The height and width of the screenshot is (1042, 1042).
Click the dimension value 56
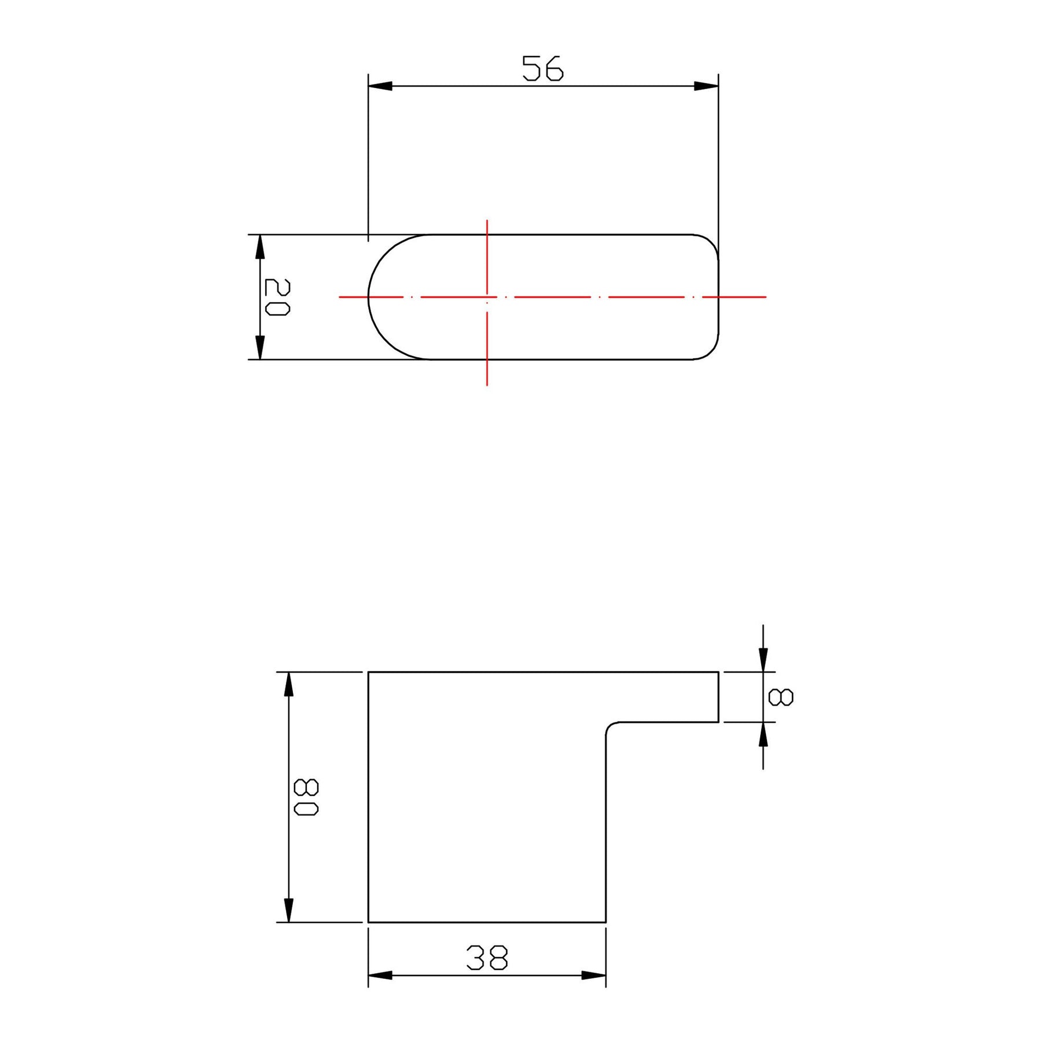542,68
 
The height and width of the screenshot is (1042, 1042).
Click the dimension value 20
277,297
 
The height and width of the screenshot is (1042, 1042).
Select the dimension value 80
306,797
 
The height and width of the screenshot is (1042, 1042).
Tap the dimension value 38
487,957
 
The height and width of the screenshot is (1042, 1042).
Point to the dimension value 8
781,697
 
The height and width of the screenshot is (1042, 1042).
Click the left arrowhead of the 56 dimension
380,86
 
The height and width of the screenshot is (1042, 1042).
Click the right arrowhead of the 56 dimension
706,86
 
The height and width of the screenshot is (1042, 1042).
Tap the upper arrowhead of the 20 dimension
260,247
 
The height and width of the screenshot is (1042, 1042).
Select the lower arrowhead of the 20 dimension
260,347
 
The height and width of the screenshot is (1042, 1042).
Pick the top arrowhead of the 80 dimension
289,684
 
